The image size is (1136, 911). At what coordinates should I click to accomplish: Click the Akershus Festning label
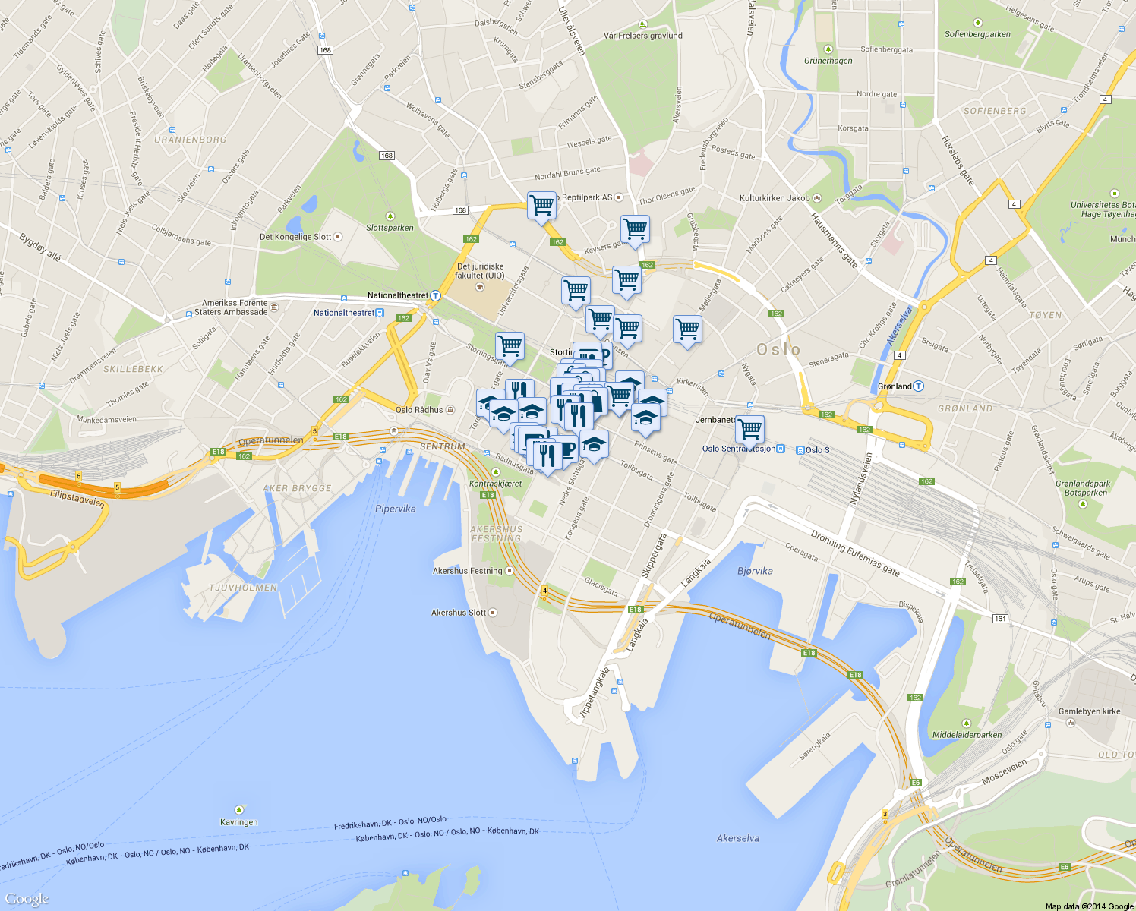(x=468, y=571)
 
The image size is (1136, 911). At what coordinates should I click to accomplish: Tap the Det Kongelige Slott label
(x=296, y=237)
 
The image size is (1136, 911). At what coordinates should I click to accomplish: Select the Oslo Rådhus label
(x=419, y=410)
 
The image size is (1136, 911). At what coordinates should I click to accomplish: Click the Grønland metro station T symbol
(x=919, y=386)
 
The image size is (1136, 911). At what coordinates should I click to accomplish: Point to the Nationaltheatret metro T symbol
(x=436, y=296)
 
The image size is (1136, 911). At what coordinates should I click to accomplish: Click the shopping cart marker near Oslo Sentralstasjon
(x=749, y=429)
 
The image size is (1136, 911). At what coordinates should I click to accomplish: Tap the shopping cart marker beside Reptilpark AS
(x=541, y=205)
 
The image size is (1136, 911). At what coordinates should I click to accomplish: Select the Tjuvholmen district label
(x=243, y=588)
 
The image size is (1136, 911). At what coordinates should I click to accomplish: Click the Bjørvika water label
(x=755, y=571)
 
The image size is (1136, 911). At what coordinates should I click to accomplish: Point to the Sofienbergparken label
(x=977, y=34)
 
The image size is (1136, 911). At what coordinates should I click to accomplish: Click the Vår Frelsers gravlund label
(x=643, y=36)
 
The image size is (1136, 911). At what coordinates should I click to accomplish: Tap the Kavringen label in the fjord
(x=239, y=822)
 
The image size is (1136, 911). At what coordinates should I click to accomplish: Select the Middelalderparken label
(x=967, y=735)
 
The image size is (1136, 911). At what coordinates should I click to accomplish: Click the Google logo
(x=27, y=899)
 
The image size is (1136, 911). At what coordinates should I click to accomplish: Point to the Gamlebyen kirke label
(x=1090, y=711)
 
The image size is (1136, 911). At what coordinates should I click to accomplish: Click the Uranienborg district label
(x=190, y=140)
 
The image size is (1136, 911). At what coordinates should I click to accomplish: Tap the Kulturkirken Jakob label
(x=775, y=198)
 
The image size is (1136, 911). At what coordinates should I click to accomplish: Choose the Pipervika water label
(x=396, y=509)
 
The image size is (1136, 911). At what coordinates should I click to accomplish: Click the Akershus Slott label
(x=459, y=613)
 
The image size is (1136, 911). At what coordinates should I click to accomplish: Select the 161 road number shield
(x=1000, y=619)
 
